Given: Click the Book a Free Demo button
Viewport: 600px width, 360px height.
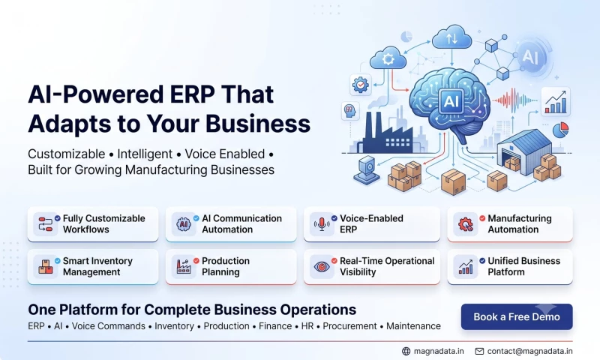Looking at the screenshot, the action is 517,316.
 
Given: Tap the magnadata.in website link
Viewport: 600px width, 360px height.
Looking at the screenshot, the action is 439,351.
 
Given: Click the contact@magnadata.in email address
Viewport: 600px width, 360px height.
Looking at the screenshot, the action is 530,351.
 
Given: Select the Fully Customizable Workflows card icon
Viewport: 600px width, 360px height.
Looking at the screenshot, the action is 46,224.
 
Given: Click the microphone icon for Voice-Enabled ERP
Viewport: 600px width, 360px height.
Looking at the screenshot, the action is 322,224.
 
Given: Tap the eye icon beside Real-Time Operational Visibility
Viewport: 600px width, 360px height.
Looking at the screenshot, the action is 322,267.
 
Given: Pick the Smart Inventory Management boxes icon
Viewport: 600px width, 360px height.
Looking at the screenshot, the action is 46,267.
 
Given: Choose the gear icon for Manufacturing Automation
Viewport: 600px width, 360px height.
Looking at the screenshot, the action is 466,224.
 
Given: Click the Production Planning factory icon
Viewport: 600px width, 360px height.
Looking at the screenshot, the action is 184,266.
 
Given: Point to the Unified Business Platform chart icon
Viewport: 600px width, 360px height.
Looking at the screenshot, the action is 466,267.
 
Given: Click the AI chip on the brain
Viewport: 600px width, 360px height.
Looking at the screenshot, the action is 451,101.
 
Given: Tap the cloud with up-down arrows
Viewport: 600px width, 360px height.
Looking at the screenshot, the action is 452,37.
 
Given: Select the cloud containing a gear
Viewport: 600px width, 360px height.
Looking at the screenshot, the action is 388,58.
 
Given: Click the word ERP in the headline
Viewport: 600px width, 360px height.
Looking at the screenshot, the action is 192,94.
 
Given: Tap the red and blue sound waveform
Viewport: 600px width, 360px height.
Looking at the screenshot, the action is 514,100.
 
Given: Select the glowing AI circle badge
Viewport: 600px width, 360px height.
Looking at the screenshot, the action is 531,56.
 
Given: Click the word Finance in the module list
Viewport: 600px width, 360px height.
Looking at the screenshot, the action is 275,326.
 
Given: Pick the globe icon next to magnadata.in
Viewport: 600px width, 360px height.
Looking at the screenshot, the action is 406,351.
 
